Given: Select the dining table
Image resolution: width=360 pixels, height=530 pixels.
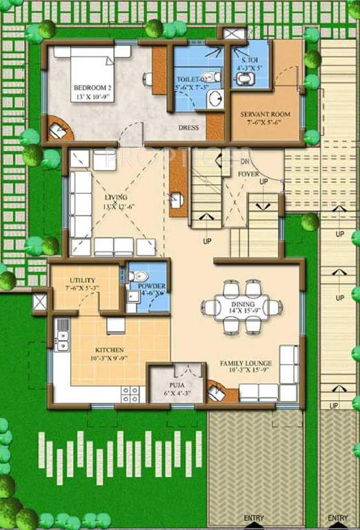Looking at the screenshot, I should [x=243, y=306].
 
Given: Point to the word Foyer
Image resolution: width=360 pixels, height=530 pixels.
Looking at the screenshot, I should [x=248, y=174].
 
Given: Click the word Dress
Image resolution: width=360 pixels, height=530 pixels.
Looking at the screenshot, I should [x=188, y=128].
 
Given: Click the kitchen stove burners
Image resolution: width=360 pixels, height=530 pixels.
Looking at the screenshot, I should [x=130, y=394].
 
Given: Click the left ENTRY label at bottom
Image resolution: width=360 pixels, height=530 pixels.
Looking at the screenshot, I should [x=254, y=518].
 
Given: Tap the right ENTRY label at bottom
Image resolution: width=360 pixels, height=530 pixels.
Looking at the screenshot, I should [x=337, y=518].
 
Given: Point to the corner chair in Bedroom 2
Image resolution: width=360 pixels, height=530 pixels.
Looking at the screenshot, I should [x=59, y=128].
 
